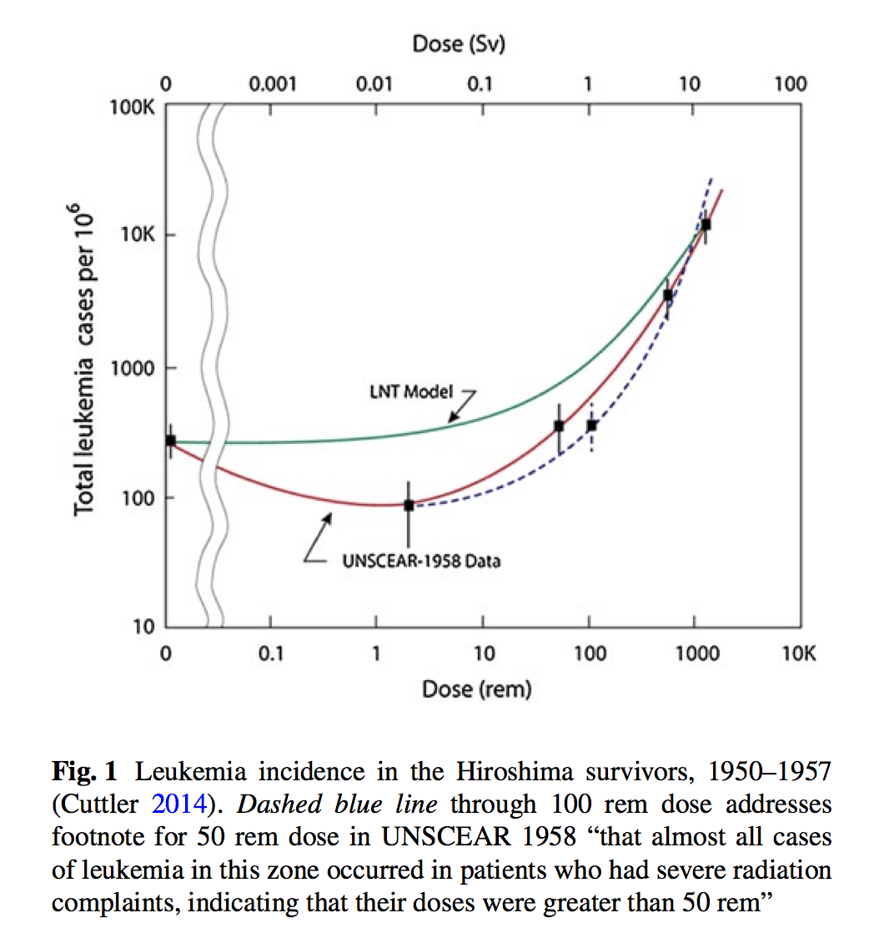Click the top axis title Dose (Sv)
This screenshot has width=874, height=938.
tap(459, 44)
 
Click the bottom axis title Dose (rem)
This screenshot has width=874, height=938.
tap(476, 689)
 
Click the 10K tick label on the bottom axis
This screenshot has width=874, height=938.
tap(798, 653)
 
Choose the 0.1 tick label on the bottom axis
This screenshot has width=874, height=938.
tap(271, 653)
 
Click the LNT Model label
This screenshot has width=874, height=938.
tap(413, 391)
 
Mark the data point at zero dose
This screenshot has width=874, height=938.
tap(170, 441)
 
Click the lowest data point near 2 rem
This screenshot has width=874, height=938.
tap(409, 505)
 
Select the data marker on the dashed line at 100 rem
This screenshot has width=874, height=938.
tap(591, 426)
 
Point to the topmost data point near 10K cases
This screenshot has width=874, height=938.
tap(706, 224)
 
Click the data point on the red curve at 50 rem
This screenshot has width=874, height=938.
tap(559, 426)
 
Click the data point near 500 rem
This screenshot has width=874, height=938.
tap(668, 295)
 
